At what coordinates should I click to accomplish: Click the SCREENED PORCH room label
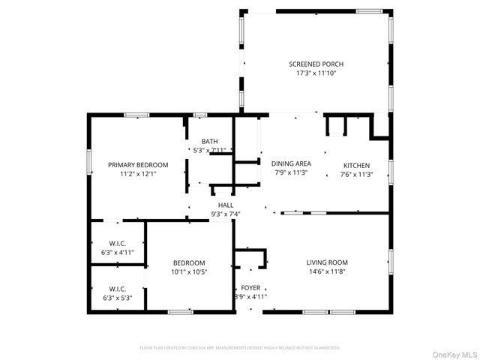pyautogui.click(x=316, y=64)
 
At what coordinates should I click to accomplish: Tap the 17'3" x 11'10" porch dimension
pyautogui.click(x=316, y=73)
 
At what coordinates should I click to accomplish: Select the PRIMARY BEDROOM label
pyautogui.click(x=138, y=164)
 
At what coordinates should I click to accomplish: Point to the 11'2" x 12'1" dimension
pyautogui.click(x=138, y=173)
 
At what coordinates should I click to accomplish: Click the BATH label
pyautogui.click(x=209, y=141)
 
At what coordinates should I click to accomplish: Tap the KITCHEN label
pyautogui.click(x=356, y=165)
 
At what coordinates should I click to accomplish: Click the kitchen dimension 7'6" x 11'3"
pyautogui.click(x=356, y=174)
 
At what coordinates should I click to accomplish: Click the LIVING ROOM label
pyautogui.click(x=327, y=262)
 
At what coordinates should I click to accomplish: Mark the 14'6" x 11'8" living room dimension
pyautogui.click(x=327, y=271)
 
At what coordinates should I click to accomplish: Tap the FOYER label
pyautogui.click(x=250, y=288)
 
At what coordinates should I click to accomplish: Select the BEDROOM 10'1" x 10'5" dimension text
pyautogui.click(x=190, y=271)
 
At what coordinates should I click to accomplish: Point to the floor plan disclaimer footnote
pyautogui.click(x=240, y=348)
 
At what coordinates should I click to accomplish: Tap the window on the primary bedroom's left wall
pyautogui.click(x=89, y=162)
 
